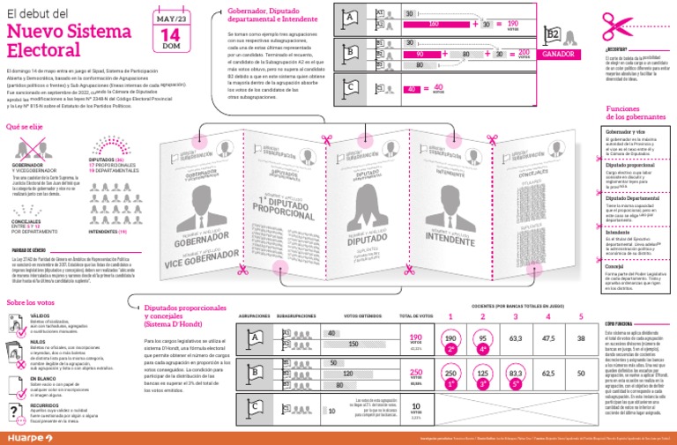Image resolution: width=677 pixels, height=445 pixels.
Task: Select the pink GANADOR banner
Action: pyautogui.click(x=558, y=54)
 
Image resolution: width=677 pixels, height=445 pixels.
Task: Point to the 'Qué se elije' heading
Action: pyautogui.click(x=26, y=127)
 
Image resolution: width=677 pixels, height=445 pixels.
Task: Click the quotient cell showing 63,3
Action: pyautogui.click(x=516, y=337)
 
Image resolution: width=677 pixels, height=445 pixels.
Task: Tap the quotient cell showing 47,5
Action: pyautogui.click(x=548, y=337)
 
